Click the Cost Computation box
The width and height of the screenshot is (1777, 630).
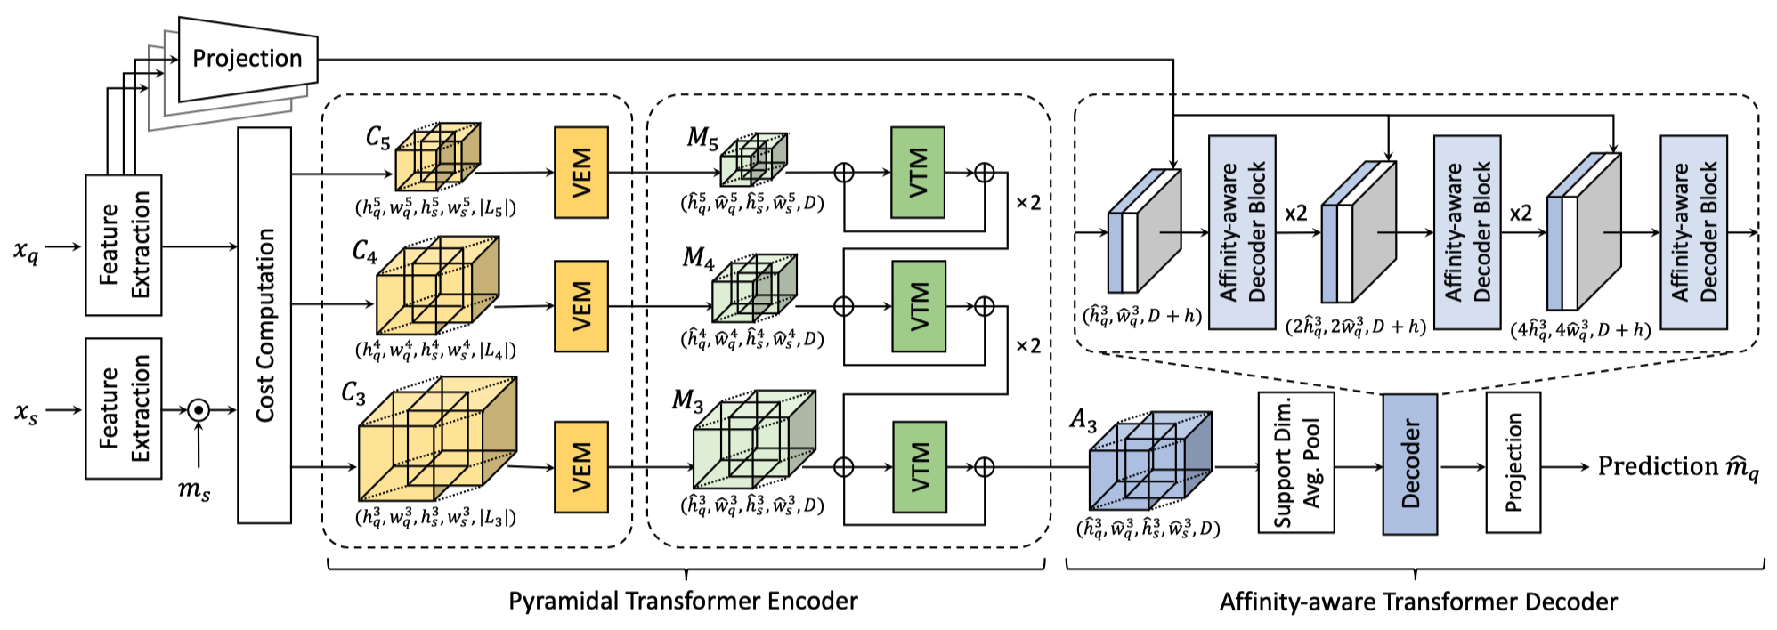[x=264, y=325]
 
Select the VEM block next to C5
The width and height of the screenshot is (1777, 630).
[x=580, y=172]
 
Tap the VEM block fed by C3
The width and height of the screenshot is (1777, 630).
[x=580, y=467]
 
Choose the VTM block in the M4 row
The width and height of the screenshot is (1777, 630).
[x=918, y=306]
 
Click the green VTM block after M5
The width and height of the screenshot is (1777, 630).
[x=918, y=172]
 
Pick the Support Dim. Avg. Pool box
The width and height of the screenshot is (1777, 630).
[x=1295, y=463]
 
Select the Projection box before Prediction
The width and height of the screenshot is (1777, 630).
[x=1513, y=463]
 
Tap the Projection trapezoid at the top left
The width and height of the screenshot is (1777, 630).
[x=247, y=59]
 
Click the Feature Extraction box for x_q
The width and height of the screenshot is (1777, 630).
[x=124, y=245]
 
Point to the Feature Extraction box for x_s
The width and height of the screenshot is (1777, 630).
[x=124, y=408]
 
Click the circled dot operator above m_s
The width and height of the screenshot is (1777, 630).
[x=199, y=410]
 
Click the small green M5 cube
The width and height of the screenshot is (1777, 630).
[x=752, y=159]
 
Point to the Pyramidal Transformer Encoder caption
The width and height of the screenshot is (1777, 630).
[x=683, y=601]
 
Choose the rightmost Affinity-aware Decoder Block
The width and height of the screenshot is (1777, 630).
[x=1693, y=232]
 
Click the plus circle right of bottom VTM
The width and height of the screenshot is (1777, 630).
[x=984, y=467]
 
